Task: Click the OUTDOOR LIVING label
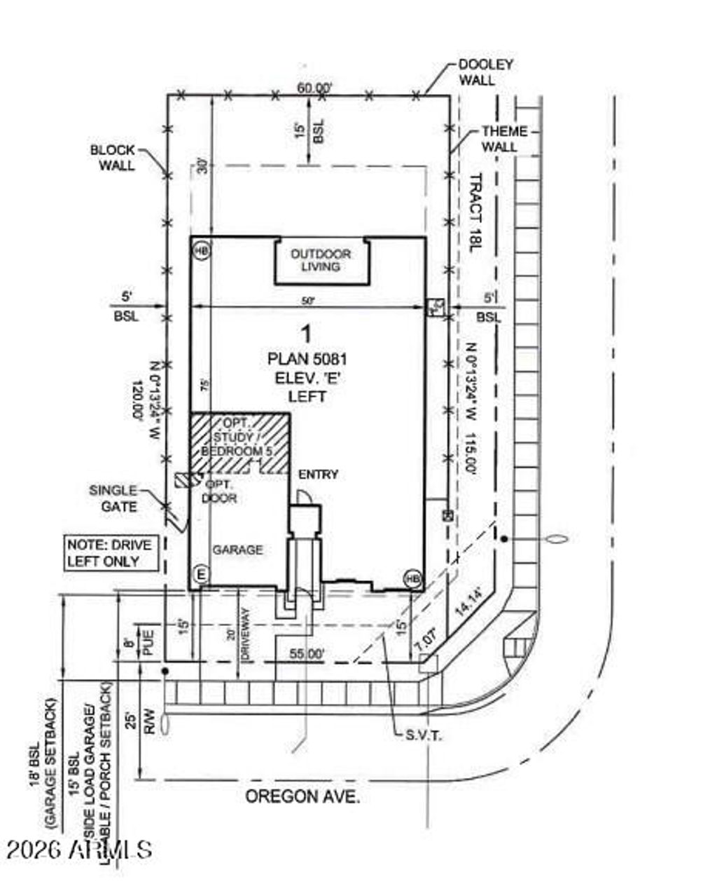(x=321, y=260)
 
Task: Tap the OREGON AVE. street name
(x=302, y=796)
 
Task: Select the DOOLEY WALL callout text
(x=486, y=72)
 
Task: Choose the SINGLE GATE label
(x=113, y=498)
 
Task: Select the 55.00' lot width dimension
(x=307, y=653)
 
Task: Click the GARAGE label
(x=237, y=550)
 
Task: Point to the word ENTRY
(x=318, y=475)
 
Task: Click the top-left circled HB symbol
(x=202, y=250)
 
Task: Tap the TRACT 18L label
(x=476, y=213)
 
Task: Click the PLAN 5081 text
(x=307, y=359)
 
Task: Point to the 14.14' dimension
(x=468, y=602)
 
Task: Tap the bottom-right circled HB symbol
(x=412, y=579)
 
